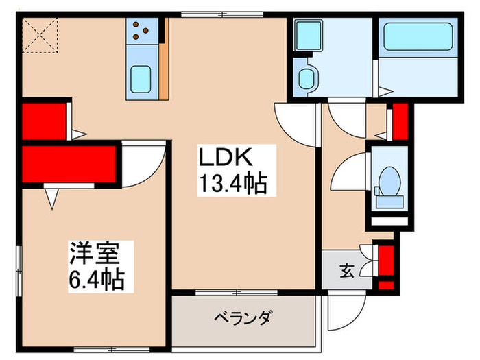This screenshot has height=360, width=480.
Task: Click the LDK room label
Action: (x=226, y=159)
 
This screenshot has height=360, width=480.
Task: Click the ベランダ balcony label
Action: (x=244, y=317)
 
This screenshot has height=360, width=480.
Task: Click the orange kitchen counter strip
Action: (x=165, y=58)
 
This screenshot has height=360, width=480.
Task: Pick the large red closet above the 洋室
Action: (x=67, y=164)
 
